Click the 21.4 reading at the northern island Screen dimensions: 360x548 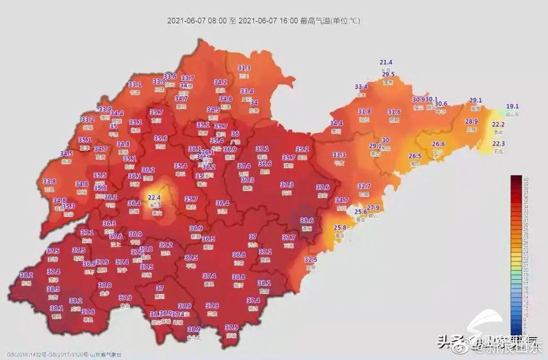pos(386,62)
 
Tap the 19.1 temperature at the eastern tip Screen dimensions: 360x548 pos(512,106)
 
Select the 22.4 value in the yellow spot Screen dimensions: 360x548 pos(153,197)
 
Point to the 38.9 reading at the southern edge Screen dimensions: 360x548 pos(193,329)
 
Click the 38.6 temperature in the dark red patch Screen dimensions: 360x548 pos(307,220)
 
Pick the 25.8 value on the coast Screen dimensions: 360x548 pos(340,227)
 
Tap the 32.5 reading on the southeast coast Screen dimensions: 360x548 pos(311,260)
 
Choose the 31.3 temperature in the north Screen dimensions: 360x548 pos(244,68)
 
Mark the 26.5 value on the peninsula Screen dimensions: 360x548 pos(415,156)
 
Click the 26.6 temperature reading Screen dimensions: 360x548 pos(438,144)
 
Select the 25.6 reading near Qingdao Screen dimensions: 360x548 pos(360,212)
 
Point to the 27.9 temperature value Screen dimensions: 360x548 pos(373,208)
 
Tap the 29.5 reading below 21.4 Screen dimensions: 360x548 pos(388,75)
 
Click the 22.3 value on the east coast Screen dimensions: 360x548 pos(499,144)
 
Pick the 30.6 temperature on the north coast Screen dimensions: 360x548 pos(441,104)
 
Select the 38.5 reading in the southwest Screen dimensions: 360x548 pos(53,289)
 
